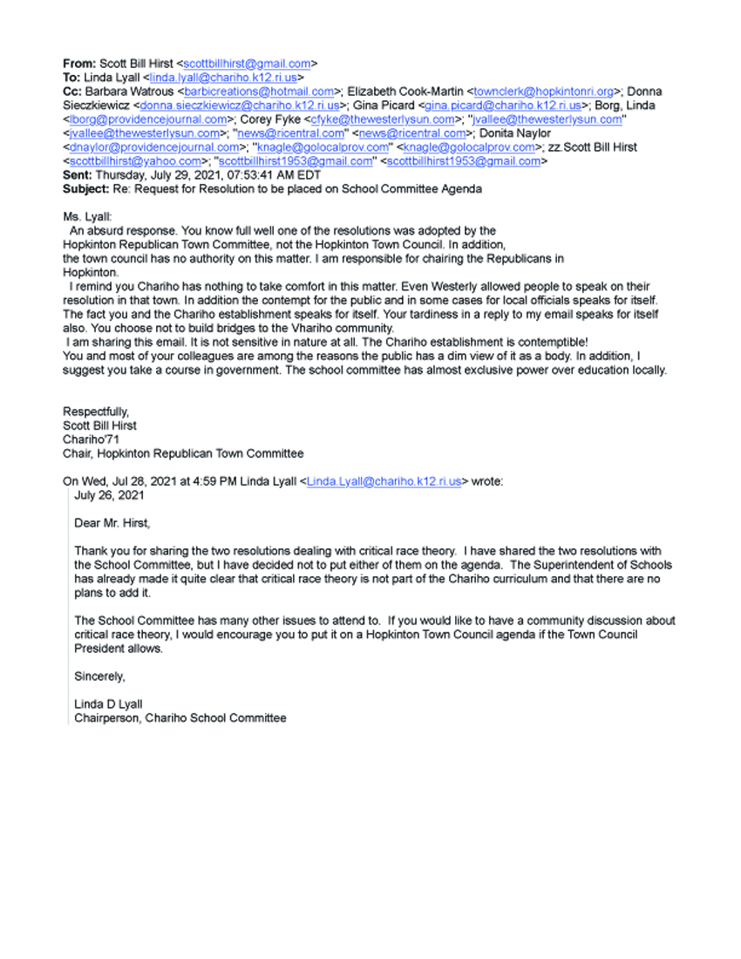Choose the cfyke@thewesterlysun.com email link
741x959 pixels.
383,119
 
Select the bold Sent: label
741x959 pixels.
78,175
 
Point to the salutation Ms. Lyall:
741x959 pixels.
88,217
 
